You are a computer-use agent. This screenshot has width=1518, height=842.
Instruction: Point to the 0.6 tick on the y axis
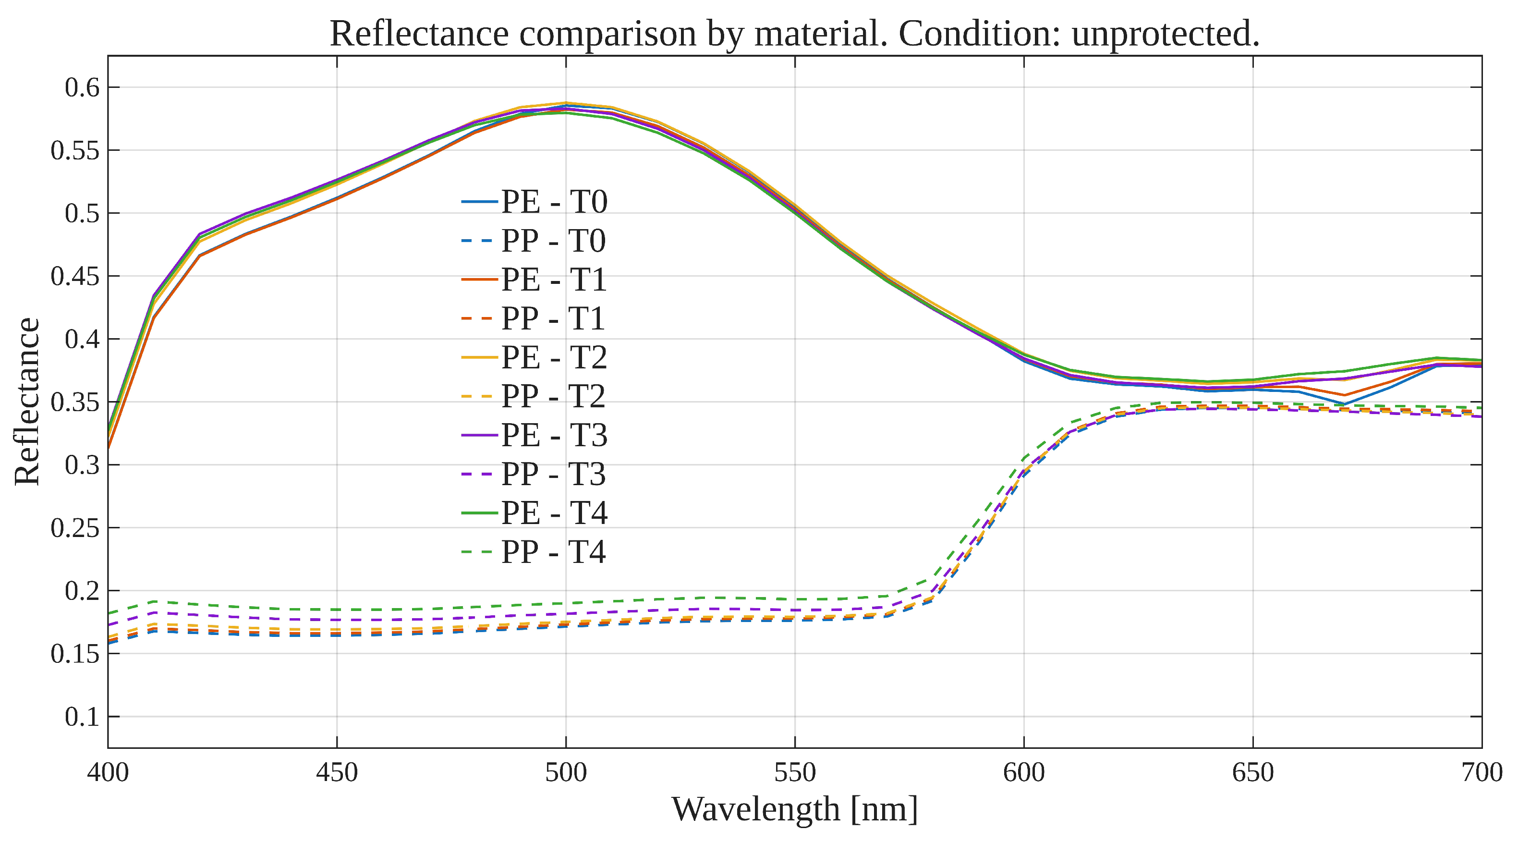tap(82, 88)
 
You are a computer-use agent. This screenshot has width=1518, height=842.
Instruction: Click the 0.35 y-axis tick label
tap(75, 403)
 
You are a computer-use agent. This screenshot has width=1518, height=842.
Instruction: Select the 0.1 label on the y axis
tap(82, 717)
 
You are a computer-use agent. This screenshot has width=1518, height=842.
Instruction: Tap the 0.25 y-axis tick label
tap(75, 528)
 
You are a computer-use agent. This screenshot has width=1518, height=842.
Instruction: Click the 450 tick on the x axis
tap(337, 772)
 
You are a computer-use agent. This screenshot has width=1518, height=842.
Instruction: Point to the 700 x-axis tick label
tap(1482, 772)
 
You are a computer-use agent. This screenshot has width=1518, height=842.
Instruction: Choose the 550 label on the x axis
tap(795, 772)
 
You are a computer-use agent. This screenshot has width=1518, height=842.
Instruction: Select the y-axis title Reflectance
tap(27, 402)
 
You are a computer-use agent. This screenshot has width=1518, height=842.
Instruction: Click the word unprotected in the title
tap(1165, 34)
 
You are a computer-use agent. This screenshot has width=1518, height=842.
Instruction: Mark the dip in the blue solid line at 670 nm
tap(1344, 404)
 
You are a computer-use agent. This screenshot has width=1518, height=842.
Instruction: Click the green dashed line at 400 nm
tap(109, 613)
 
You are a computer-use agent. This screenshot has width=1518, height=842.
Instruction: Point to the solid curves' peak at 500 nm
tap(566, 107)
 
